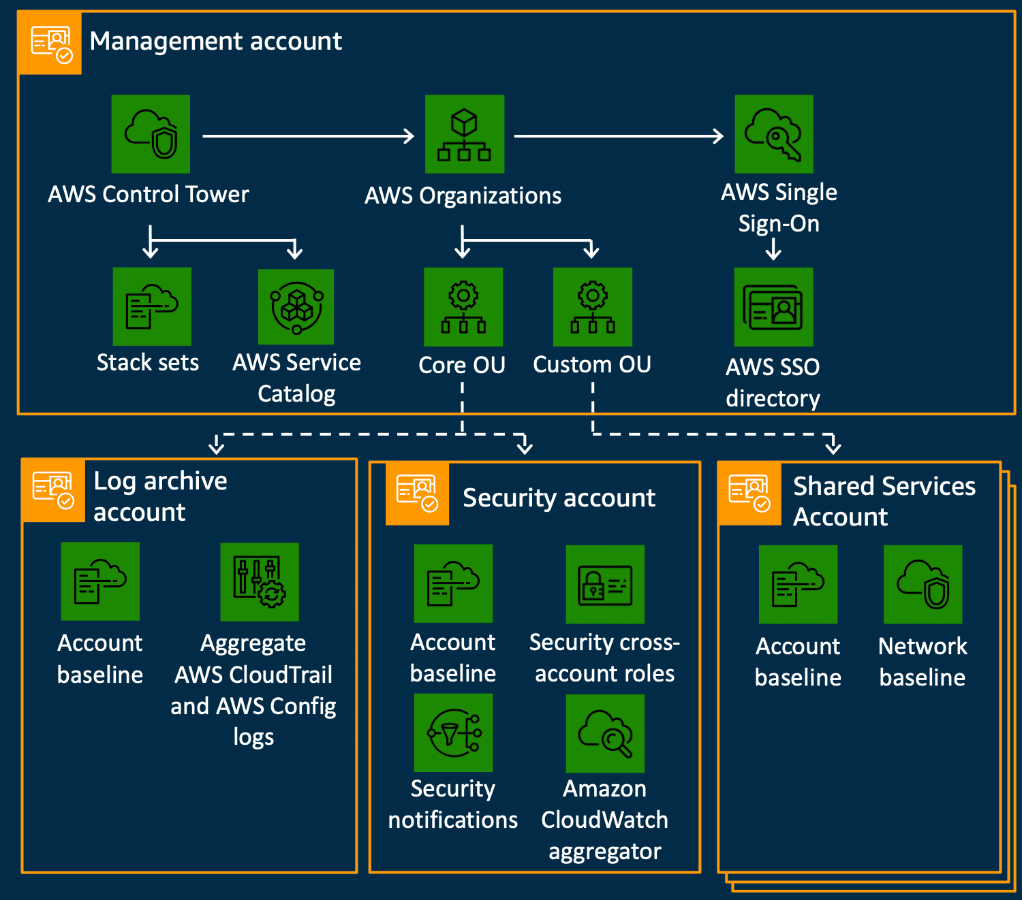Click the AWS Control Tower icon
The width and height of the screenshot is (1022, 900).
tap(151, 134)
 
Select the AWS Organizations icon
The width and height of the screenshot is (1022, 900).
tap(465, 134)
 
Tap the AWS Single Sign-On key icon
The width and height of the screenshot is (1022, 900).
tap(774, 134)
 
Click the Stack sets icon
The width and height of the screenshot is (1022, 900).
tap(152, 306)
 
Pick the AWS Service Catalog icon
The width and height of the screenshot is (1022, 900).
tap(296, 307)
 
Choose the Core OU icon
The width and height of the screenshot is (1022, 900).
tap(463, 307)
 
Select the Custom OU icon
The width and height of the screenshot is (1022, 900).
tap(593, 307)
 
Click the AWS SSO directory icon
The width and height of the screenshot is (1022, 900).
tap(773, 307)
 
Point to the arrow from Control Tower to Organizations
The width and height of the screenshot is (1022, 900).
tap(308, 136)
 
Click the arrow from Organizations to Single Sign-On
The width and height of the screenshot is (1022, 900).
tap(618, 136)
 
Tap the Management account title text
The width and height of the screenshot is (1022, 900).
tap(215, 42)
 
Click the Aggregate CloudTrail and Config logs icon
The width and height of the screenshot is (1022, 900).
tap(260, 582)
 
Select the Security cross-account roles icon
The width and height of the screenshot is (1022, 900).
tap(605, 584)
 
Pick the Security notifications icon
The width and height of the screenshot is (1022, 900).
tap(453, 733)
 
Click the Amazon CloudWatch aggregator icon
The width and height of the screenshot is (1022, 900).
tap(605, 733)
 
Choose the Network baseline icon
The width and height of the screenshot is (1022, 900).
tap(923, 584)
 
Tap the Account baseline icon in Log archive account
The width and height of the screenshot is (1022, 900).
tap(100, 581)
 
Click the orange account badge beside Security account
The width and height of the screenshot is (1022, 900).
tap(417, 494)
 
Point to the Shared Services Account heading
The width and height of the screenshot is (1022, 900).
tap(884, 501)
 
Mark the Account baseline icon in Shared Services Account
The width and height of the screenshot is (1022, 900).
tap(798, 584)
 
